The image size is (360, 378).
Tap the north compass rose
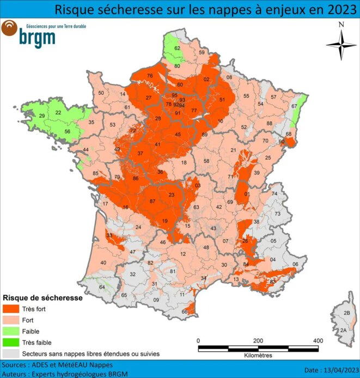pyautogui.click(x=341, y=45)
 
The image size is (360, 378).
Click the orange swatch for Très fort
pyautogui.click(x=10, y=309)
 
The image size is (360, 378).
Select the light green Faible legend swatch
pyautogui.click(x=10, y=331)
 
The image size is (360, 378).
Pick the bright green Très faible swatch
pyautogui.click(x=10, y=342)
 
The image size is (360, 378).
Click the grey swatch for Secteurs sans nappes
pyautogui.click(x=10, y=353)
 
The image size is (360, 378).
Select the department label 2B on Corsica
pyautogui.click(x=346, y=313)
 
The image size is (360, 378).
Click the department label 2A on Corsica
pyautogui.click(x=343, y=331)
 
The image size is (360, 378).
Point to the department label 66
pyautogui.click(x=185, y=312)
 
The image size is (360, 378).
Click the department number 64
pyautogui.click(x=101, y=287)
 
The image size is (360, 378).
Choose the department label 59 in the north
pyautogui.click(x=201, y=53)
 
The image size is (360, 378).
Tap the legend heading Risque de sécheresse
pyautogui.click(x=42, y=298)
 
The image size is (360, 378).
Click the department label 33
pyautogui.click(x=109, y=235)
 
